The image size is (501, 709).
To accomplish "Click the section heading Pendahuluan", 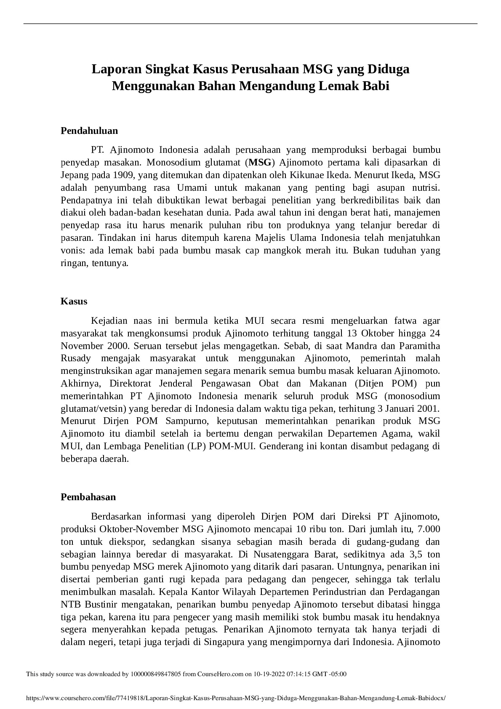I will coord(89,131).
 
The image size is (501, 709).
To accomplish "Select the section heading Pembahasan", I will coord(88,497).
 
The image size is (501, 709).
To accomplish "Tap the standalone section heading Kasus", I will coord(74,301).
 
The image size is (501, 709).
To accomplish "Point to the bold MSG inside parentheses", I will coord(260,163).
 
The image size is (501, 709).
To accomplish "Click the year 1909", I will coord(120,175).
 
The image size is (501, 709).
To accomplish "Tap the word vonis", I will coord(71,251).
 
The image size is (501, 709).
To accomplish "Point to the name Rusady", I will coord(76,359).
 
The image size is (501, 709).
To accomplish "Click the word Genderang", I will coord(280,446).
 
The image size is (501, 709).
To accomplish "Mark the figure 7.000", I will coord(428,529).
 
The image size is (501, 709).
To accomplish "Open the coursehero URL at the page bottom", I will coord(235,698).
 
